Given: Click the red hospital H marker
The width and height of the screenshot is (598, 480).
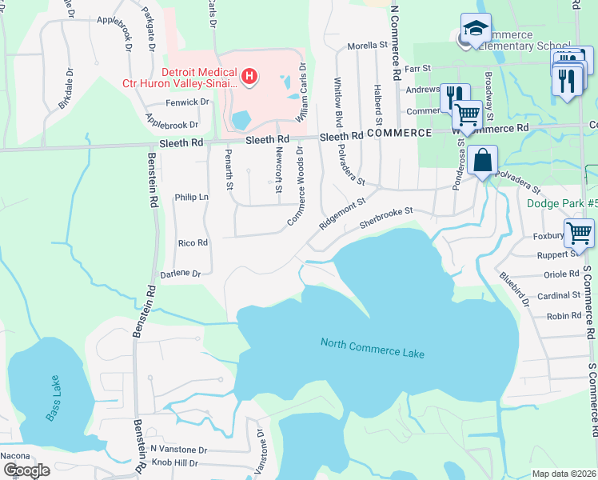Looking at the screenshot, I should [x=250, y=77].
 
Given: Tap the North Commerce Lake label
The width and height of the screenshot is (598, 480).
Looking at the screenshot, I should [x=373, y=348].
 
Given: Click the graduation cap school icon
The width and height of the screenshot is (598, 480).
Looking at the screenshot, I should [x=476, y=29].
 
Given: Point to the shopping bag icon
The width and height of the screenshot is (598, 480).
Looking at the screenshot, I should [x=484, y=160].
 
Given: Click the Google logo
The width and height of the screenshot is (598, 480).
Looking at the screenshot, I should [x=26, y=470].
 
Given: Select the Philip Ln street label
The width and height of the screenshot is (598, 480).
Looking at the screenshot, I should [x=191, y=197].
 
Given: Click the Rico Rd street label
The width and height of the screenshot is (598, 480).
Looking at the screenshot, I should [x=193, y=242].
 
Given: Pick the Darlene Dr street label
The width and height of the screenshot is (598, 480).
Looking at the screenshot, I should [x=181, y=273].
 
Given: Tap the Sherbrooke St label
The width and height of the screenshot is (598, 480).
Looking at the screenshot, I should [x=387, y=217].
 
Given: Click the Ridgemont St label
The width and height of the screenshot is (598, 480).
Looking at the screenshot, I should [x=341, y=214].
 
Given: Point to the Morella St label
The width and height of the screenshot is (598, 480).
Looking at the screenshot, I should [x=366, y=46].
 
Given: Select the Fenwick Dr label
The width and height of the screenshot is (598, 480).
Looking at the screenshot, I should [x=187, y=102].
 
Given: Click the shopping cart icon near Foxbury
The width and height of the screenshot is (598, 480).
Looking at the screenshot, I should [x=579, y=234].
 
